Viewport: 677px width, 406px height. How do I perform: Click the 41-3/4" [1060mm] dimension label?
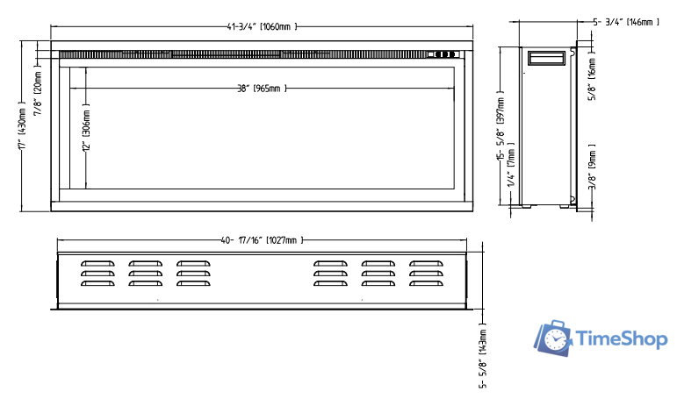pos(262,26)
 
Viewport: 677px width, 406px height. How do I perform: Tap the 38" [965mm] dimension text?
pos(262,89)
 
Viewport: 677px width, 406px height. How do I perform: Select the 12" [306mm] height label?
pos(86,127)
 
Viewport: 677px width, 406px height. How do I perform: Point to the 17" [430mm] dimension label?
pos(23,125)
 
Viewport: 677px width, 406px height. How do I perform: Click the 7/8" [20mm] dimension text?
pos(38,90)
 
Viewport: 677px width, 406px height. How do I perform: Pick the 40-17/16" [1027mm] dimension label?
pos(262,240)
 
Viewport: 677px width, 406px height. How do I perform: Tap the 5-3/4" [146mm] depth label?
pos(626,22)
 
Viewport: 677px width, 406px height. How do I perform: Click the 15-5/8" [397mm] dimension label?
pos(501,126)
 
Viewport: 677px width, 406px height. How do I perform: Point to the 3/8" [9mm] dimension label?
pos(593,167)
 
